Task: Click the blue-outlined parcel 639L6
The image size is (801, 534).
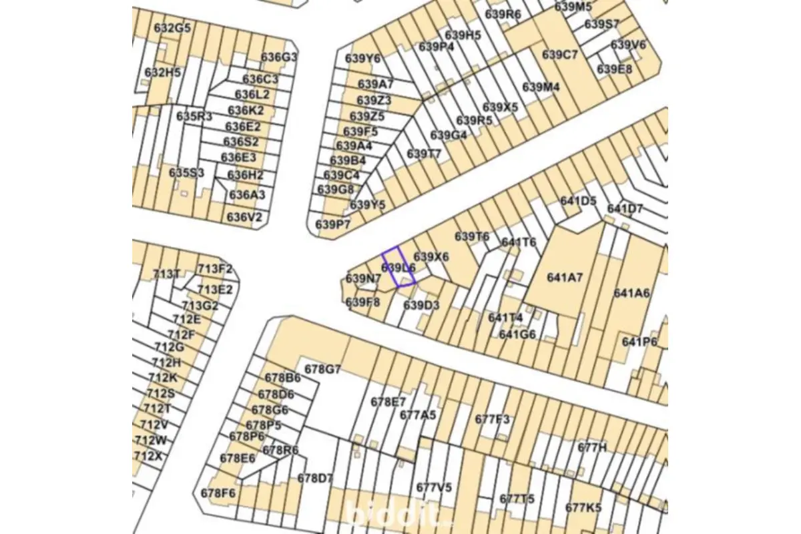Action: point(399,268)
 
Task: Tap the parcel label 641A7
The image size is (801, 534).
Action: point(565,277)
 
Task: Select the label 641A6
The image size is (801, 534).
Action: point(631,293)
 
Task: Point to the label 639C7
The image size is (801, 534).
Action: point(560,55)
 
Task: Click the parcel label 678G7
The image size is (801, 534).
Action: point(322,369)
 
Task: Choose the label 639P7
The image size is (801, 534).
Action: point(332,224)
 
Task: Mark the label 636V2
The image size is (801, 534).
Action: point(244,217)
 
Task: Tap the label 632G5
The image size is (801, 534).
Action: point(172,28)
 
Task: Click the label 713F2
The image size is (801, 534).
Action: point(215,270)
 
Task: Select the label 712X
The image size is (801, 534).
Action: point(148,457)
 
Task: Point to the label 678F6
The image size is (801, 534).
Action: point(218,493)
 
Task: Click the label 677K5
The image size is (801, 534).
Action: point(583,507)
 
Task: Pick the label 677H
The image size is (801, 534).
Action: point(592,447)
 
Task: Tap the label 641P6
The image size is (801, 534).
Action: point(639,342)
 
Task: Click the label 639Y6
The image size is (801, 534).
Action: point(362,58)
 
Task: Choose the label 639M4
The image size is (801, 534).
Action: point(541,87)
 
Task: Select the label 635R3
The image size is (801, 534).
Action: point(194,116)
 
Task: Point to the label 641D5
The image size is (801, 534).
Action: point(578,201)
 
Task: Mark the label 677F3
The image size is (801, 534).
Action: point(492,419)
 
